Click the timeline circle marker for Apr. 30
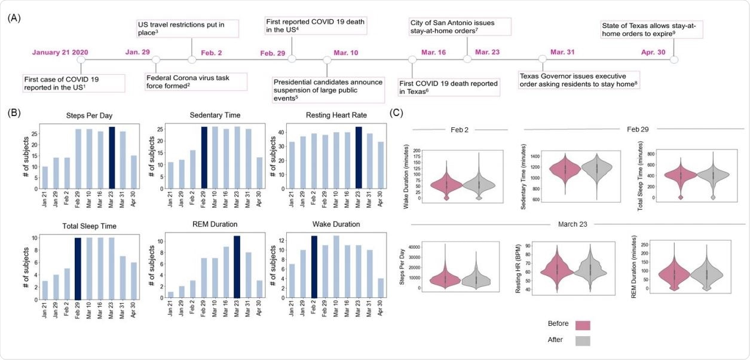point(674,59)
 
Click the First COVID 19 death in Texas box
point(448,87)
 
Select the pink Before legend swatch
point(582,325)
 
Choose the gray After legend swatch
point(582,341)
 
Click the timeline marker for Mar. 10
point(327,60)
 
